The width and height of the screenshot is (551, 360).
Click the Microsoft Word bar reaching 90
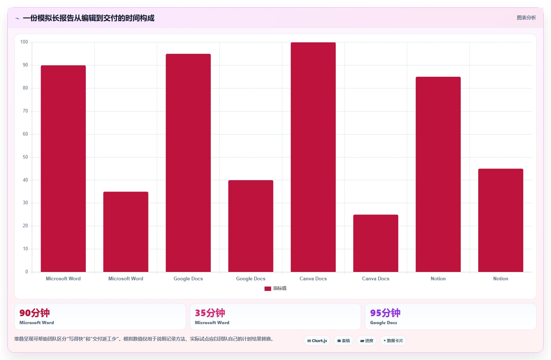pos(63,169)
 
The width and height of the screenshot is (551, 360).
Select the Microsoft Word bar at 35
pos(126,232)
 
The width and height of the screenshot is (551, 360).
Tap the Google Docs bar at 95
pos(188,163)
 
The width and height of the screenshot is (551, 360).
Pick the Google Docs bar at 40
pos(251,226)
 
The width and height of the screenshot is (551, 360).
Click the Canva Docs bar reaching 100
pos(313,157)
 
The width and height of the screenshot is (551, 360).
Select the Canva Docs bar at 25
pos(375,243)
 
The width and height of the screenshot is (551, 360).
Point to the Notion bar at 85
pos(438,174)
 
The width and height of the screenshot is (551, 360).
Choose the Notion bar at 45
pos(501,220)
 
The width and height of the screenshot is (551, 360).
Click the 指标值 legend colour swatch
pos(268,288)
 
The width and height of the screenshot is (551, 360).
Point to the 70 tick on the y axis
pos(25,111)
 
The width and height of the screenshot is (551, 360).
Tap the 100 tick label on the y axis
pos(24,42)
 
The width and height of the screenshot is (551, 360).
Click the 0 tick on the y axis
pos(27,272)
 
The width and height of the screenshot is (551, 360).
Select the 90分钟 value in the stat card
pos(35,313)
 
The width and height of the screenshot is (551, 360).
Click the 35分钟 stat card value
pos(210,313)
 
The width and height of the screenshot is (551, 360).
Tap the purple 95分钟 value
pos(385,313)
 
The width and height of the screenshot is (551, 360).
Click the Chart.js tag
pos(317,341)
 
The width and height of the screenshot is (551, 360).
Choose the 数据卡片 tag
pos(393,341)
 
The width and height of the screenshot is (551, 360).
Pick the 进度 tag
pos(366,341)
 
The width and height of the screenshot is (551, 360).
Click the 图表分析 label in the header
pos(526,18)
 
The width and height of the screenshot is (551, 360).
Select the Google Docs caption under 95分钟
pos(384,323)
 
